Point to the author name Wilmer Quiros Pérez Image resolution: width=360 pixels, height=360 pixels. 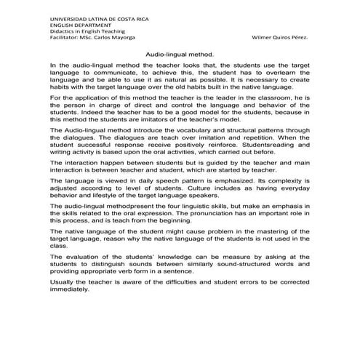pyautogui.click(x=278, y=38)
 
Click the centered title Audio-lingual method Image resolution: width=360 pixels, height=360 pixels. pyautogui.click(x=180, y=54)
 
